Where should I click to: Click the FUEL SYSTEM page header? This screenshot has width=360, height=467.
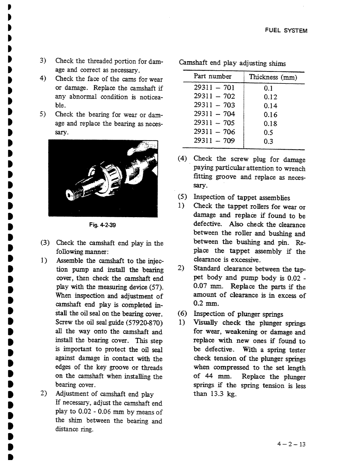tap(286, 31)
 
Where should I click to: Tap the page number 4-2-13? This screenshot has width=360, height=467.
tap(291, 444)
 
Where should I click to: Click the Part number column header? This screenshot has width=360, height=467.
tap(212, 77)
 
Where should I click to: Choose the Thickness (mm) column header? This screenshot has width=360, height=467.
tap(273, 77)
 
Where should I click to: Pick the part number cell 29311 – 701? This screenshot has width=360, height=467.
tap(214, 88)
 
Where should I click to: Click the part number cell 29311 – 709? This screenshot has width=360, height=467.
tap(214, 141)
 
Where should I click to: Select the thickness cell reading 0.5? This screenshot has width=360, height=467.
tap(268, 132)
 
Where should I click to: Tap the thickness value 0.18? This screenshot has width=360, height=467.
tap(270, 123)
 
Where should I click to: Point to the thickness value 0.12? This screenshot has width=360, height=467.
tap(270, 97)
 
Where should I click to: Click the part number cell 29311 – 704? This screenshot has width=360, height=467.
tap(214, 114)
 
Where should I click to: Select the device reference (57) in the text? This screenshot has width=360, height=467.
tap(157, 287)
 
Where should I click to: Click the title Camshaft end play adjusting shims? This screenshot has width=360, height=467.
tap(232, 63)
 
